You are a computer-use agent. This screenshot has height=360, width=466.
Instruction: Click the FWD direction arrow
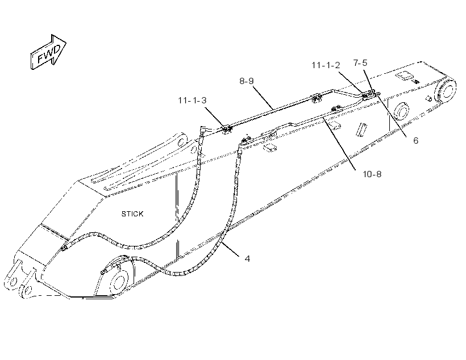tap(48, 52)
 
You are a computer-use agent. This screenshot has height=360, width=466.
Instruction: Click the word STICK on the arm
tap(132, 214)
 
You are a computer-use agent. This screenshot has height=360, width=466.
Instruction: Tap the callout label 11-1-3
tap(192, 101)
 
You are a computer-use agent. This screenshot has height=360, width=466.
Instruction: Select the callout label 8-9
tap(247, 81)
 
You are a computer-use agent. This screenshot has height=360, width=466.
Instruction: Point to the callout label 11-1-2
tap(326, 65)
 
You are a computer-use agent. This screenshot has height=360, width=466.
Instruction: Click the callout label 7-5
tap(360, 62)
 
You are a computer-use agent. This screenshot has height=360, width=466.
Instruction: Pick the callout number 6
tap(416, 140)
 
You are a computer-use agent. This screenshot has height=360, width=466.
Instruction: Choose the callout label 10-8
tap(372, 174)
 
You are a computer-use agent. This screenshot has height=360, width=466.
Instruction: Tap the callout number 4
tap(247, 259)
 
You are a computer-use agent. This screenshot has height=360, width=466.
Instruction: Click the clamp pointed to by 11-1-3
tap(227, 129)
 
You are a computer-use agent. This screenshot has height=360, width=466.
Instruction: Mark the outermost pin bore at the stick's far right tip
tap(446, 90)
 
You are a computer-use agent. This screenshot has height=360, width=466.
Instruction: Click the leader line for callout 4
tap(231, 249)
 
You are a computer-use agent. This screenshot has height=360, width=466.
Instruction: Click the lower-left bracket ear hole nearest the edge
tap(12, 281)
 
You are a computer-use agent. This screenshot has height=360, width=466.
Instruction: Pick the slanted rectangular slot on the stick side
tap(361, 130)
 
